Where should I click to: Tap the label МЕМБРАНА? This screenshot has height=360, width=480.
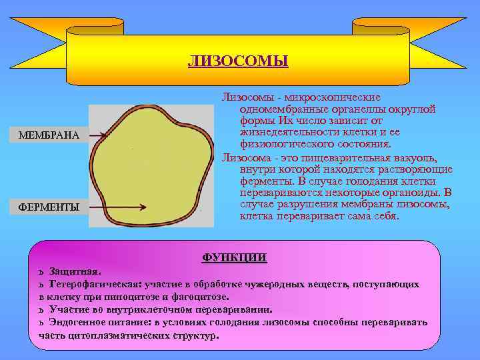click(49, 136)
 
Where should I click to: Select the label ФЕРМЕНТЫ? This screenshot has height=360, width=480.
click(49, 207)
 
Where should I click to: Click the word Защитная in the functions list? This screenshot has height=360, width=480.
click(74, 272)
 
